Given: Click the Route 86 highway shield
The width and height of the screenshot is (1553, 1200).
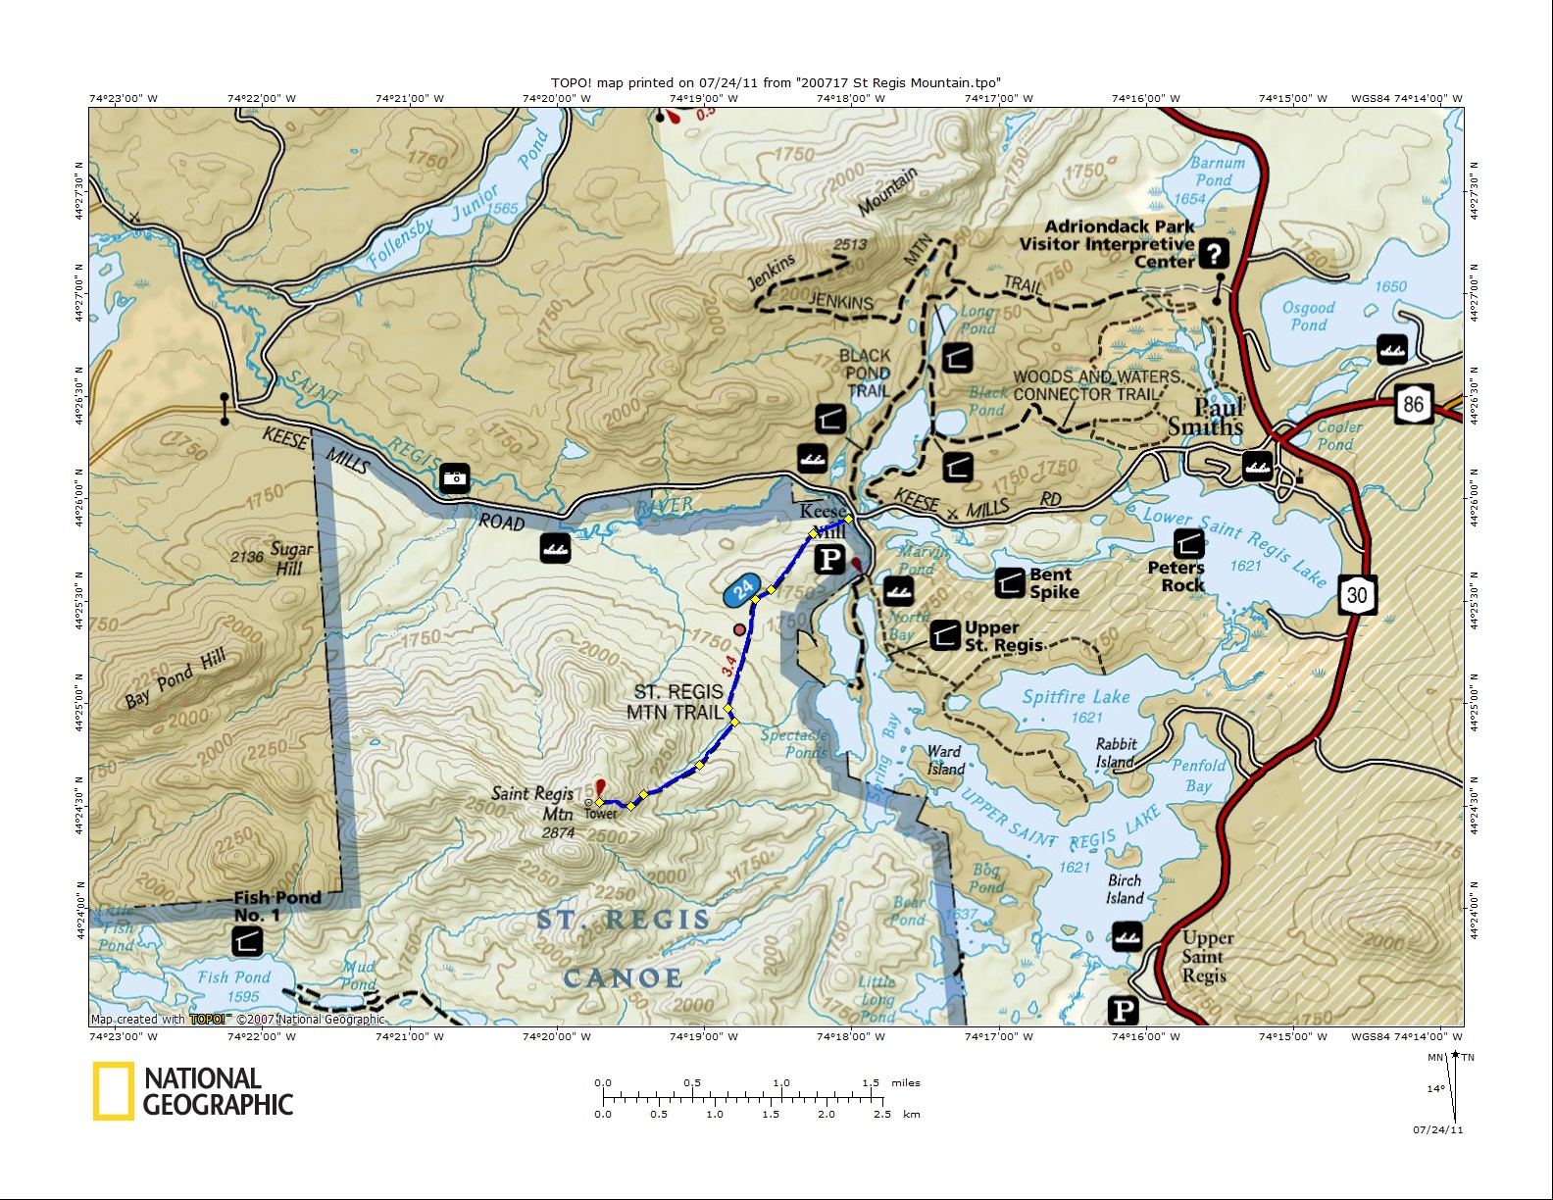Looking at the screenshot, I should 1413,404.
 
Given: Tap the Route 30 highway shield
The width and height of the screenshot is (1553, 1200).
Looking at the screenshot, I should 1357,594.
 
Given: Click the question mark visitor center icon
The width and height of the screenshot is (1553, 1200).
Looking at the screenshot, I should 1214,254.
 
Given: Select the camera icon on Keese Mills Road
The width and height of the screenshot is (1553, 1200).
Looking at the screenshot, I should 454,477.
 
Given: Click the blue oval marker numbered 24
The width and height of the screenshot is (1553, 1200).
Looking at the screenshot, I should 743,589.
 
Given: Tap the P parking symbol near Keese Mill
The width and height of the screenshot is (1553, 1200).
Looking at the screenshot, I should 830,559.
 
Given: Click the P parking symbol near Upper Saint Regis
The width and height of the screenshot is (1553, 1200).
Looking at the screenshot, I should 1124,1010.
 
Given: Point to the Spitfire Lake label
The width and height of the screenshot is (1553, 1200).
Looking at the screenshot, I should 1076,697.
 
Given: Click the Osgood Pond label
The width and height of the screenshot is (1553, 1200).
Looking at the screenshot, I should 1308,316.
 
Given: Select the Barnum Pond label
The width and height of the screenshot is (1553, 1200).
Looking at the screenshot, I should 1216,172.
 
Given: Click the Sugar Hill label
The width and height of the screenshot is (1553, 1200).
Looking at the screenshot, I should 291,559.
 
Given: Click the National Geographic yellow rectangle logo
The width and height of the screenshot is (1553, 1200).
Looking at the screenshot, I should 113,1091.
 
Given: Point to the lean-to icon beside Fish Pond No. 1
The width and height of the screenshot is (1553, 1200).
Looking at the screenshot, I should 247,941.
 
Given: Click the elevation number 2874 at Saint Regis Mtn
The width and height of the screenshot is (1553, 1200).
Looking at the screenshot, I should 558,833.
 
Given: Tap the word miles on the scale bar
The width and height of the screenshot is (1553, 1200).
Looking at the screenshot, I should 906,1083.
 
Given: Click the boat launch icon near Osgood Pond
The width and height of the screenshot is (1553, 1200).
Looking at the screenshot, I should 1392,348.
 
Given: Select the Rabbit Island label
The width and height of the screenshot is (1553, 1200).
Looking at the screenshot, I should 1116,752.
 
